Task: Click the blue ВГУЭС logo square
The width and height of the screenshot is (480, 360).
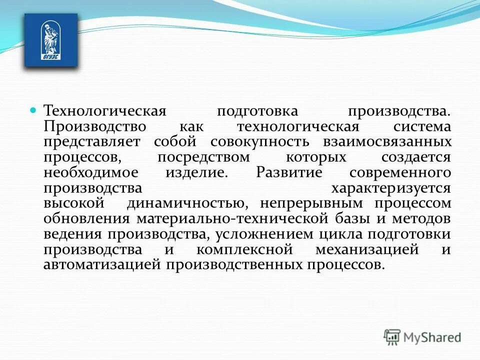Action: point(51,40)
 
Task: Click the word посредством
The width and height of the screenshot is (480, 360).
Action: point(203,157)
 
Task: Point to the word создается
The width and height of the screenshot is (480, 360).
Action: point(416,157)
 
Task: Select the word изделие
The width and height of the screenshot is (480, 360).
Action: point(196,172)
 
